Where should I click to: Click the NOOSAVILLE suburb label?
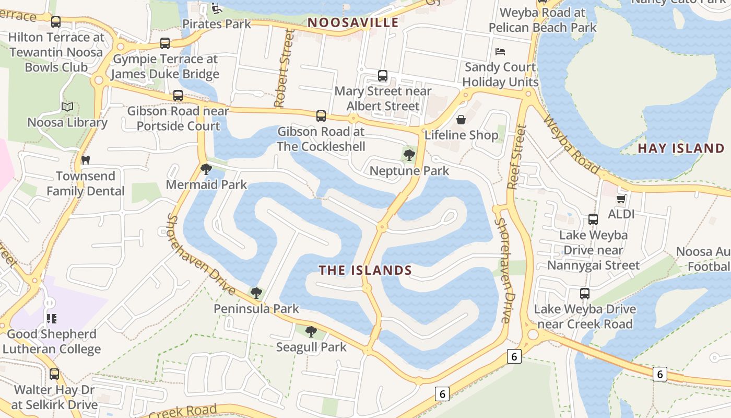coord(353,22)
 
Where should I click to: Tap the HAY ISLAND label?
coord(681,148)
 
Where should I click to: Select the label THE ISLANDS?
coord(365,270)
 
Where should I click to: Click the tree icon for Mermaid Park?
coord(206,169)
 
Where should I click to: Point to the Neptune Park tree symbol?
coord(409,155)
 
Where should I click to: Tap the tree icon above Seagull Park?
coord(311,331)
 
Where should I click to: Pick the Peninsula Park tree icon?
coord(256,293)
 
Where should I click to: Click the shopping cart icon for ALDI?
coord(621,199)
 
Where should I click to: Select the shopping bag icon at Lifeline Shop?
coord(461,120)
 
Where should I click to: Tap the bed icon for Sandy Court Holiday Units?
coord(500,52)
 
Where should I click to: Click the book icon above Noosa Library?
coord(67,107)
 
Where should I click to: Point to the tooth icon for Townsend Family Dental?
coord(85,160)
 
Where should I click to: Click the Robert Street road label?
coord(282,68)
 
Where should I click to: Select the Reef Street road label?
coord(516,157)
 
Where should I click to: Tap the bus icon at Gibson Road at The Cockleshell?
coord(321,116)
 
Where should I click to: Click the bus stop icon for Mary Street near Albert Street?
coord(383,76)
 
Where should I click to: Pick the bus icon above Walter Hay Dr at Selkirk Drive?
coord(54,374)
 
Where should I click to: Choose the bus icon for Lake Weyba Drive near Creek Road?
coord(585,294)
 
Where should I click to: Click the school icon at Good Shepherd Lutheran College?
coord(51,318)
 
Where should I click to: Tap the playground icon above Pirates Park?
coord(216,8)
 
